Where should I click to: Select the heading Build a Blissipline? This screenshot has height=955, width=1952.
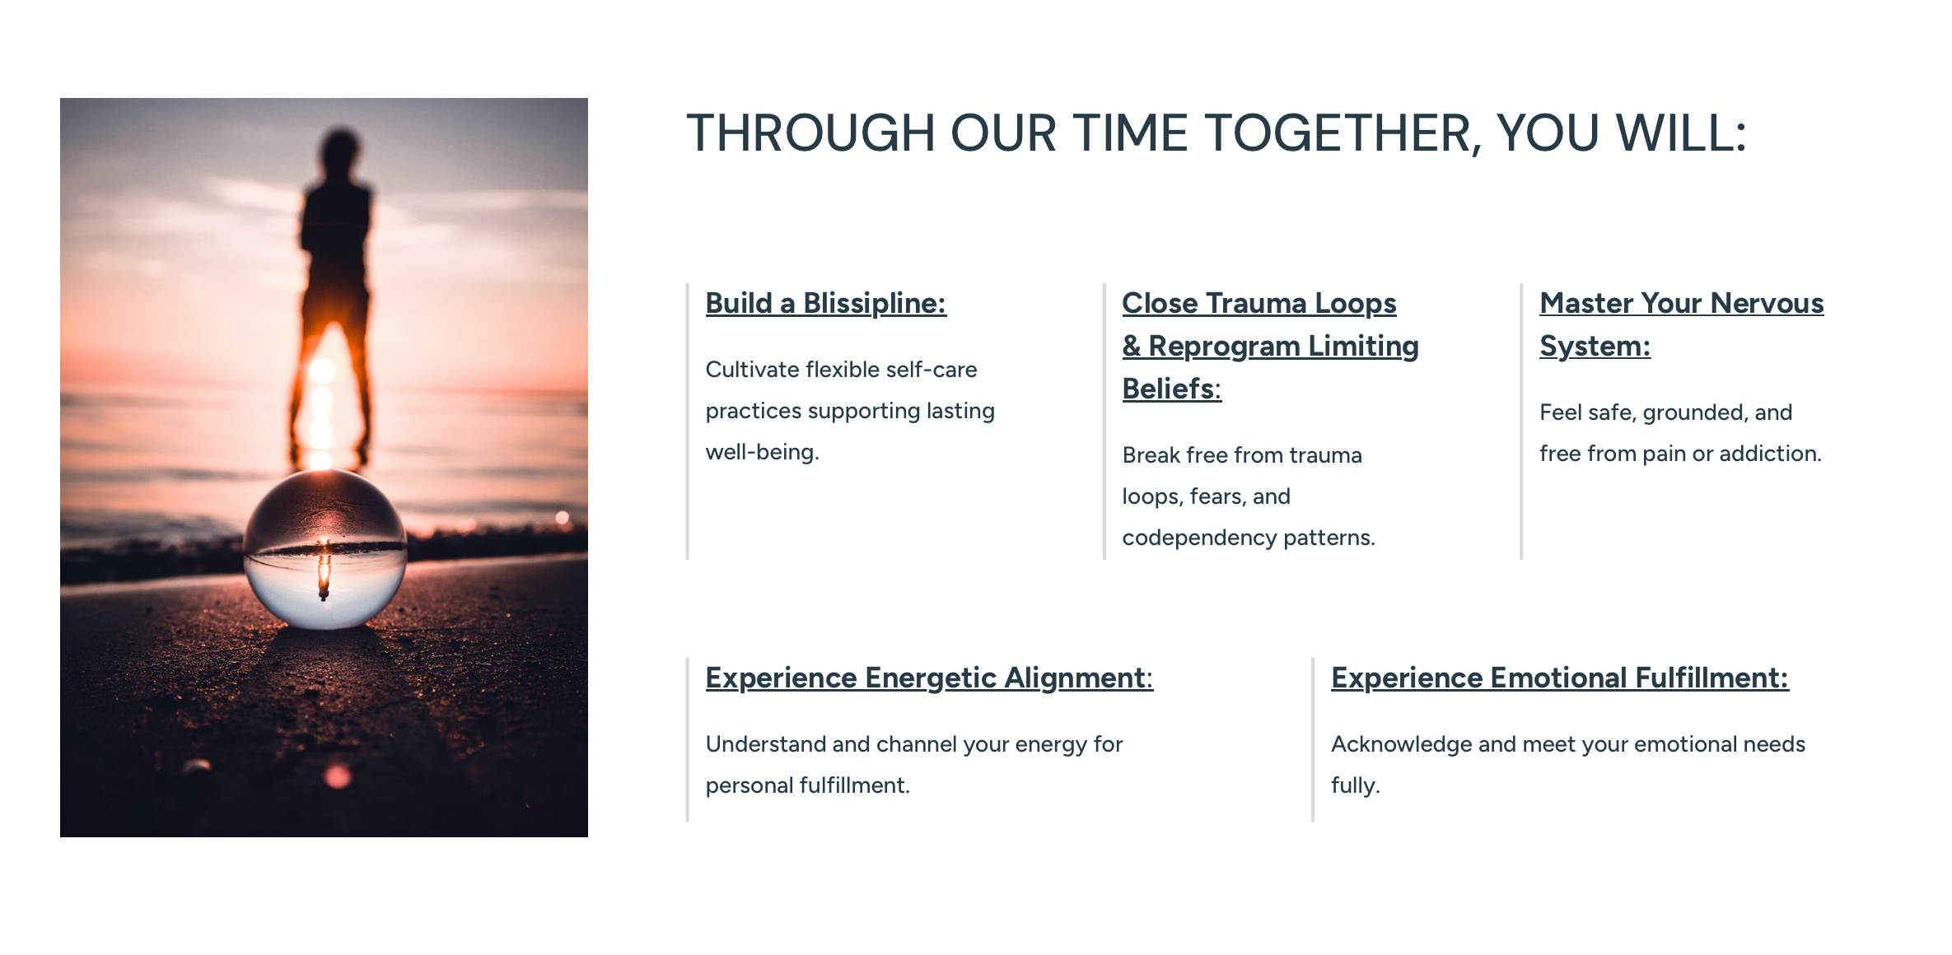click(x=826, y=304)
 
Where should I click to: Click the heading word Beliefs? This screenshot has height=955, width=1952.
click(x=1172, y=389)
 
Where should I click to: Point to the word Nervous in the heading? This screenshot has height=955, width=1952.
click(x=1767, y=304)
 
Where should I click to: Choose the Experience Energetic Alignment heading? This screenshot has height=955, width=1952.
click(x=930, y=678)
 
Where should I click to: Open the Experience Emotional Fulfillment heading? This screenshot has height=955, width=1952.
click(x=1560, y=678)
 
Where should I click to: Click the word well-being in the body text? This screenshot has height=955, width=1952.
click(x=763, y=452)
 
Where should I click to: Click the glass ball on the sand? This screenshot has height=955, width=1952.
click(x=325, y=549)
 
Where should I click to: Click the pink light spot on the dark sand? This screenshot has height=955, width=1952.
click(x=337, y=776)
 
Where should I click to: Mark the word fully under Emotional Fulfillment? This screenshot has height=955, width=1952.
click(x=1356, y=785)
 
